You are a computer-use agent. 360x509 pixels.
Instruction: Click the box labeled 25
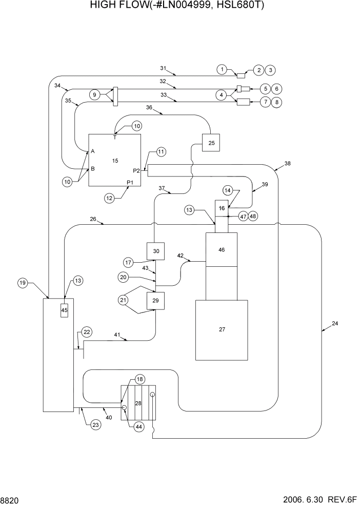pos(211,143)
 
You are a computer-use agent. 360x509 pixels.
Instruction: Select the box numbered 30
pos(155,250)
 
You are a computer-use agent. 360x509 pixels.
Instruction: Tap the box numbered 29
pos(155,301)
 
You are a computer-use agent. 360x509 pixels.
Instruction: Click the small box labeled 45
pos(64,310)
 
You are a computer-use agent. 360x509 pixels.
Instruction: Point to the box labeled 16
pos(222,208)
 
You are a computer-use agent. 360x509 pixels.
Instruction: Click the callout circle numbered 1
pos(222,69)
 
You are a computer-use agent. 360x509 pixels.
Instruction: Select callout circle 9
pos(94,95)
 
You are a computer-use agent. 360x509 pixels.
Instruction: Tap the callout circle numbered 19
pos(22,283)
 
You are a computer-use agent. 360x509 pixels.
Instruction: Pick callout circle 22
pos(87,332)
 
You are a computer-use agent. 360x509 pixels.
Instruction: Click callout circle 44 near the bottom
pos(139,426)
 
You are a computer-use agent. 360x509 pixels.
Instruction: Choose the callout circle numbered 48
pos(253,216)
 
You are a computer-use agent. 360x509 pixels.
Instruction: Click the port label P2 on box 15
pos(136,171)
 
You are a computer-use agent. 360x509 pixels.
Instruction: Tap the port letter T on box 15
pos(115,138)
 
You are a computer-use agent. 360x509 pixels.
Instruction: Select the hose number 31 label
pos(164,68)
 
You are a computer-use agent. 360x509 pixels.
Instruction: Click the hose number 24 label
pos(335,323)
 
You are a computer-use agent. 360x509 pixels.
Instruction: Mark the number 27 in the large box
pos(222,329)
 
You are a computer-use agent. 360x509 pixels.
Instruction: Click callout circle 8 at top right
pos(277,102)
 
